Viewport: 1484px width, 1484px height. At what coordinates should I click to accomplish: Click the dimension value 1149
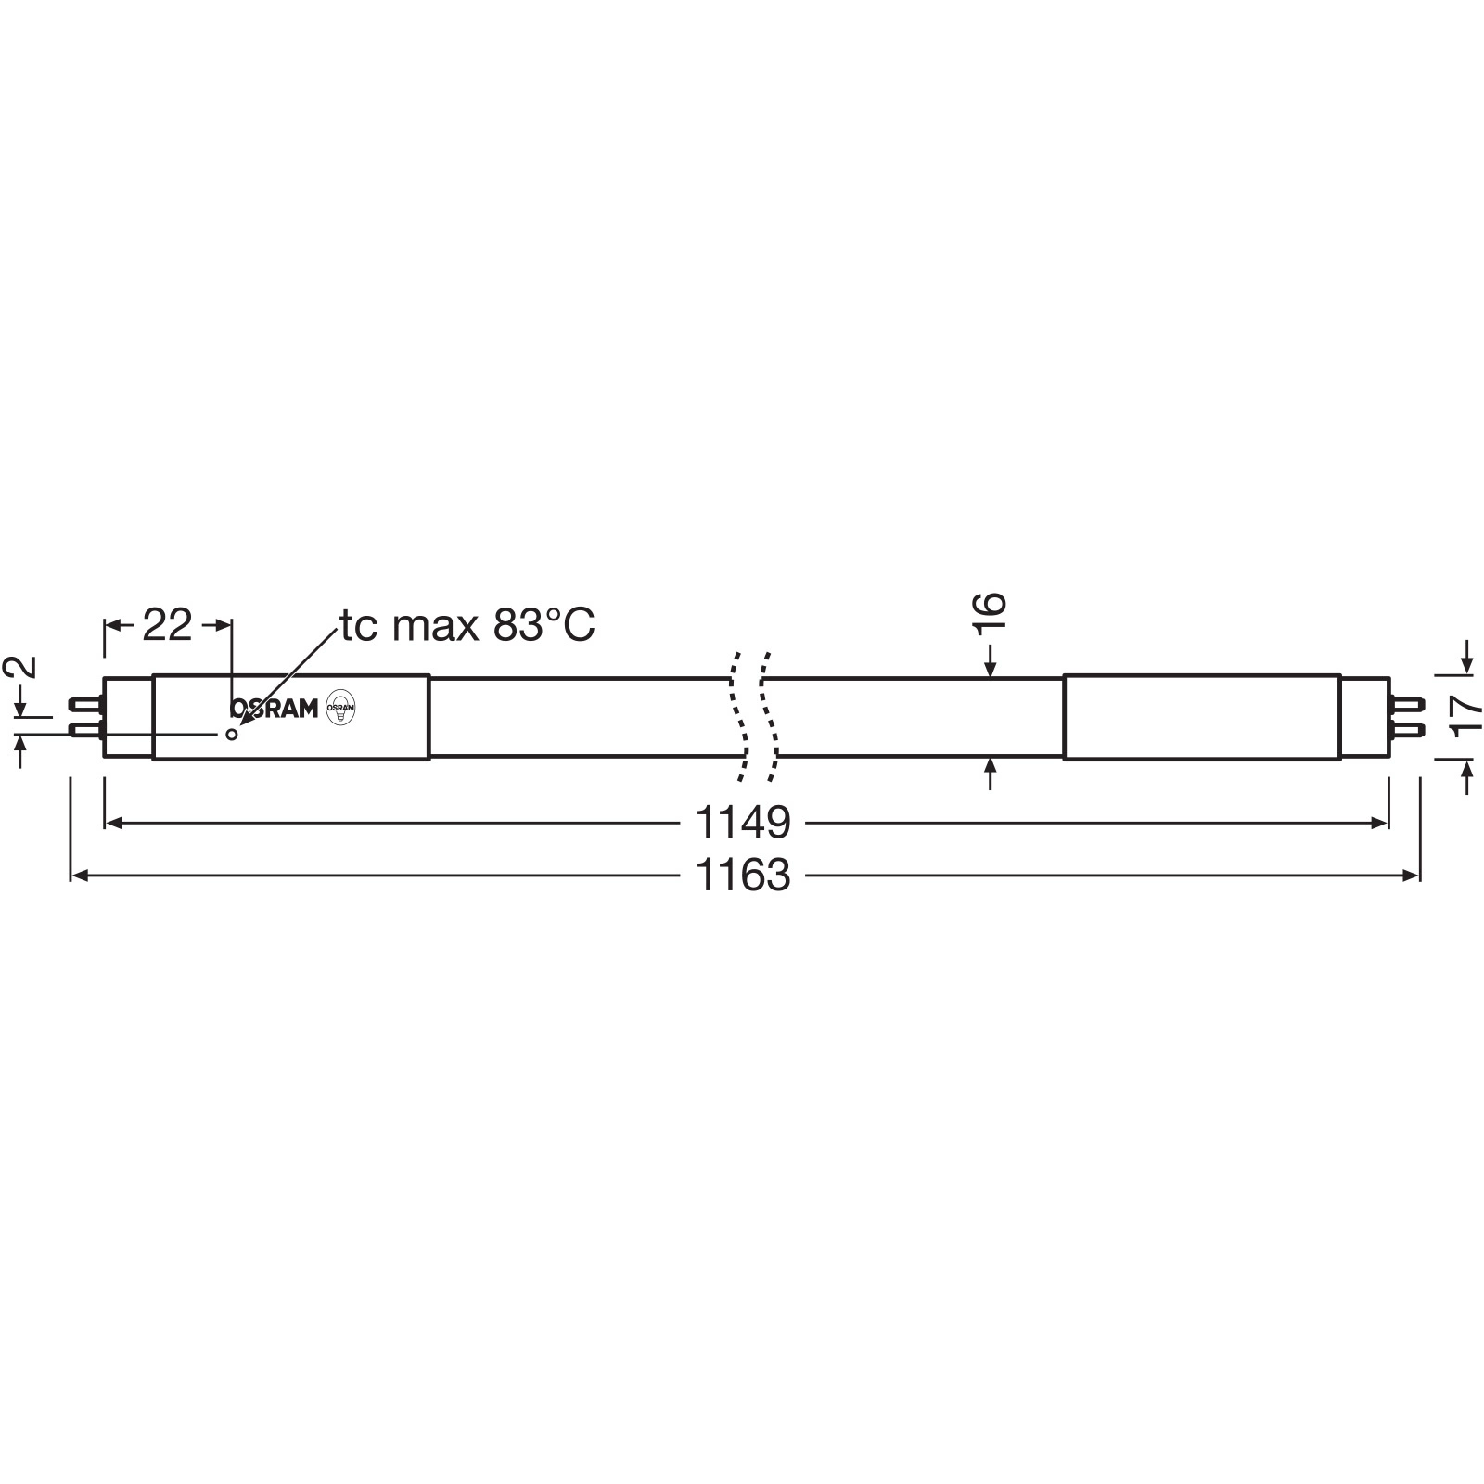743,822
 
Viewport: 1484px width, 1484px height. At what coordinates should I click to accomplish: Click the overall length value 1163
743,876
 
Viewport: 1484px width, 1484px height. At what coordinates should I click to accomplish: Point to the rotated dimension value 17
1466,715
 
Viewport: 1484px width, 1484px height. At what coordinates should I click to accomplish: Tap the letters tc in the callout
357,627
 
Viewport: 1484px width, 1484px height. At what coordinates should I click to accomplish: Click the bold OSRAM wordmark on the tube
274,709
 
